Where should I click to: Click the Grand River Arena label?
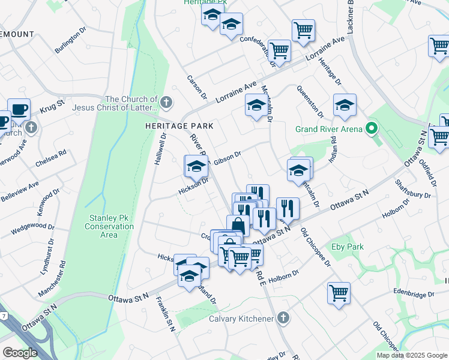(329, 129)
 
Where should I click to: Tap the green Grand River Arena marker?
(372, 128)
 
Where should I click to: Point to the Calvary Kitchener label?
(241, 319)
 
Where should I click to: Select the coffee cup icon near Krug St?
(19, 109)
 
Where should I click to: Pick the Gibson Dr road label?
(228, 157)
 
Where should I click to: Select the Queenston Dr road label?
(310, 101)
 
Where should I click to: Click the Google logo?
(20, 353)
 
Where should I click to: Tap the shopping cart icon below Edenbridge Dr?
(339, 293)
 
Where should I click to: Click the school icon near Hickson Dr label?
(196, 167)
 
